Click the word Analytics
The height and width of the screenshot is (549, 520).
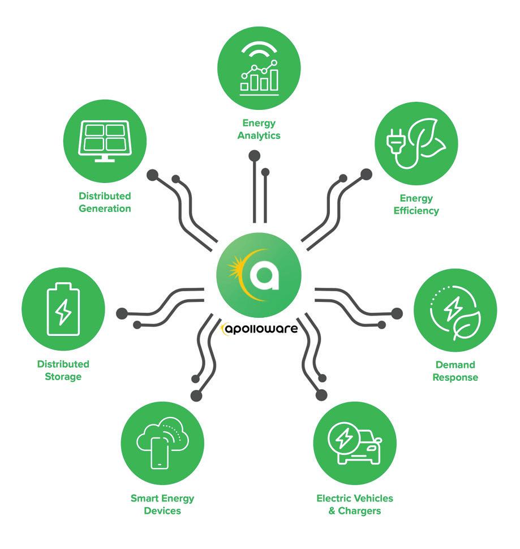click(259, 135)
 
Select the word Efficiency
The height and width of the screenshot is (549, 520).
click(416, 211)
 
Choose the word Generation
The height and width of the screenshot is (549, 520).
click(105, 208)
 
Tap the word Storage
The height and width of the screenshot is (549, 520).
click(63, 377)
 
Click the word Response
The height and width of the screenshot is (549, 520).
click(455, 377)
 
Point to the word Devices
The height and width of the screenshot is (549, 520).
click(162, 511)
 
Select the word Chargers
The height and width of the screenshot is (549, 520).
click(359, 511)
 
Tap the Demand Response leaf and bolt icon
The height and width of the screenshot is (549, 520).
click(455, 313)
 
